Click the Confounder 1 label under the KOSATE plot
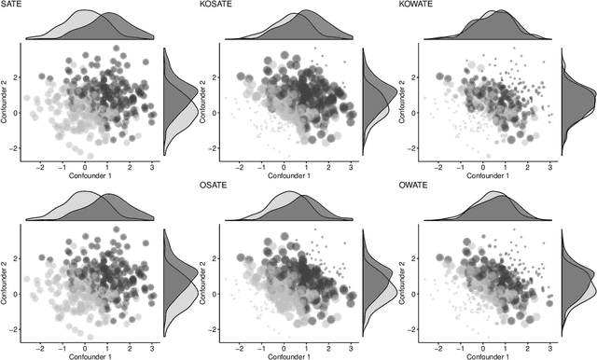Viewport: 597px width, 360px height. point(286,176)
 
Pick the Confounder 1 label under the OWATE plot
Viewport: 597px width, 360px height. point(488,355)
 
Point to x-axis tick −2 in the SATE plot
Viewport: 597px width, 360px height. point(40,165)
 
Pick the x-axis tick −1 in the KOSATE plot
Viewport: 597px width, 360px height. point(263,165)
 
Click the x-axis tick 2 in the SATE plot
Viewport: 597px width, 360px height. point(130,165)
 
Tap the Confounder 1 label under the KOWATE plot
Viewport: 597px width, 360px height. point(488,176)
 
